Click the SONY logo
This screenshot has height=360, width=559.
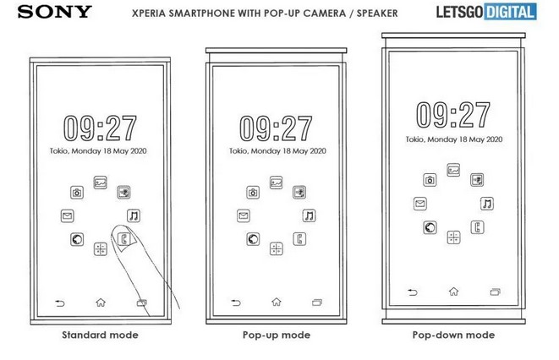coord(54,12)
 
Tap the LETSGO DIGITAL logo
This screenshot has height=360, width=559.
coord(486,12)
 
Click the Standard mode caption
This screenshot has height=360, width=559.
coord(100,335)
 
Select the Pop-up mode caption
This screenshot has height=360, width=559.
coord(277,335)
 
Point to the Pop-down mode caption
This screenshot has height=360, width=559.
coord(453,335)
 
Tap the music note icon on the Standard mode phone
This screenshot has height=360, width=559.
coord(134,215)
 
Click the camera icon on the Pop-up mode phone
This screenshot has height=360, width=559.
coord(253,193)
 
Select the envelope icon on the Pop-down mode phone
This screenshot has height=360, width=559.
coord(420,204)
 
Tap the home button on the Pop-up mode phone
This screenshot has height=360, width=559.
coord(277,302)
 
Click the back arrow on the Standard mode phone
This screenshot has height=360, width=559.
coord(60,303)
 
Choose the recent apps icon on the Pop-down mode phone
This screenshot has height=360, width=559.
coord(496,292)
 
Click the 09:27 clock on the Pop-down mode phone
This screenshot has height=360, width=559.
coord(453,115)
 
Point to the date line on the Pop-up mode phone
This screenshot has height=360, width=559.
coord(277,151)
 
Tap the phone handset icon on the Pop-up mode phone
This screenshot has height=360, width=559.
coord(299,239)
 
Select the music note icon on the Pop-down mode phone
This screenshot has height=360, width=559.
coord(487,204)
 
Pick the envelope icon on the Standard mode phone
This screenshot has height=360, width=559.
coord(68,215)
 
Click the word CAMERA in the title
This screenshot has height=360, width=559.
coord(325,14)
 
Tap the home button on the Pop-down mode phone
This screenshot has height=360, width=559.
coord(453,292)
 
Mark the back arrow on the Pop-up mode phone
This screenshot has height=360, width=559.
coord(236,303)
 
